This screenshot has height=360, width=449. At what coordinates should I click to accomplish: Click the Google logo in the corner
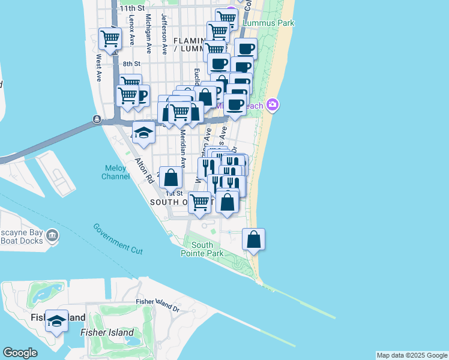(x=20, y=353)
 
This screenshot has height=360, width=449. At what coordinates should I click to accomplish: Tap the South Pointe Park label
(x=202, y=249)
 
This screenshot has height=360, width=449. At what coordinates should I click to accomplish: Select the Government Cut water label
(x=118, y=238)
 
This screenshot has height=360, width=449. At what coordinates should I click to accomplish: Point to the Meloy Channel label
(x=115, y=172)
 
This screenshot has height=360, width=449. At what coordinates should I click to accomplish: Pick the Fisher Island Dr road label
(x=158, y=305)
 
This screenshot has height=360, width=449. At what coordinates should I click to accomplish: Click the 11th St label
(x=132, y=8)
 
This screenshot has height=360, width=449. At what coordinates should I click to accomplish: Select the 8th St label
(x=131, y=64)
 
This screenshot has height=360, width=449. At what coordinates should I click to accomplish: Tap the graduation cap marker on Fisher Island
(x=57, y=321)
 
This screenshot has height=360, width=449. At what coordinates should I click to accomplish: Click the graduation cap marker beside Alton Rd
(x=143, y=133)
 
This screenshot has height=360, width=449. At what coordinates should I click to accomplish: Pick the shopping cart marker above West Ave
(x=110, y=38)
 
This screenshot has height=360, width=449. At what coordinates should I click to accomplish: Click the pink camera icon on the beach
(x=273, y=105)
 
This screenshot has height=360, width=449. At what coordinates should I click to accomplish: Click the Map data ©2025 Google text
(x=412, y=355)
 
